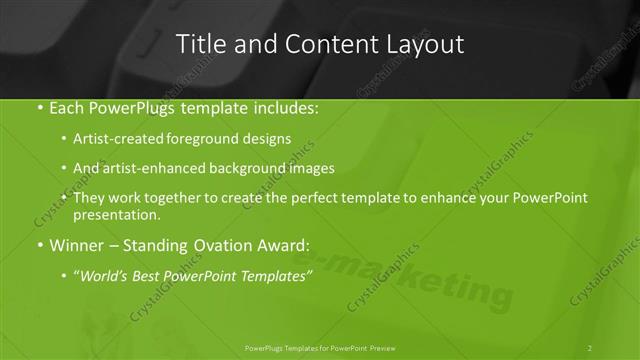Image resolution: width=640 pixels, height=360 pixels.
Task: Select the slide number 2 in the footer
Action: [x=590, y=347]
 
